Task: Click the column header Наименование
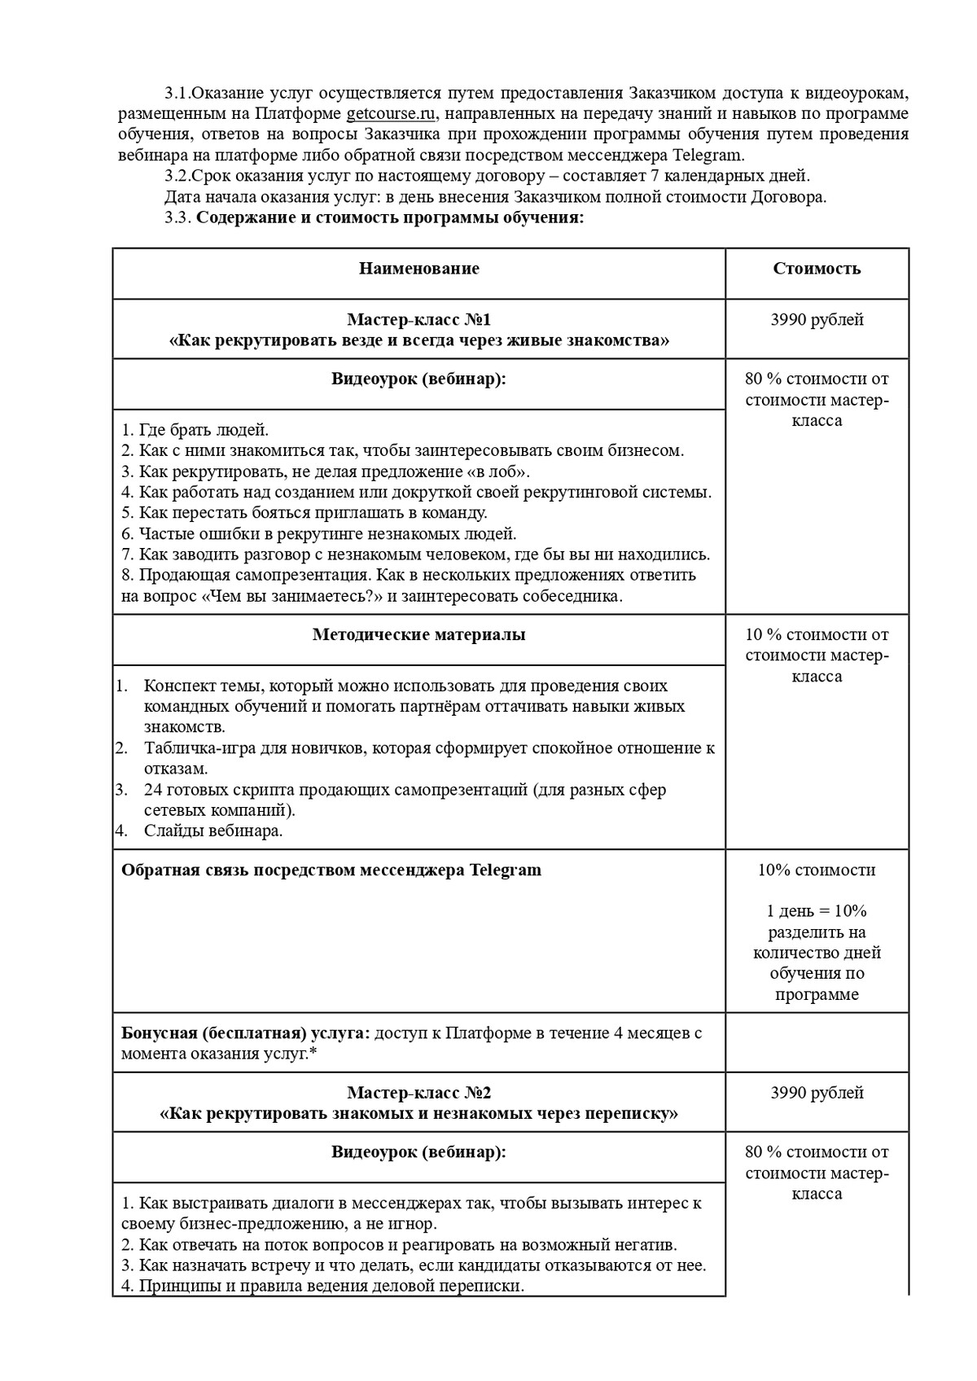coord(418,269)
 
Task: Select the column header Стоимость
coord(817,269)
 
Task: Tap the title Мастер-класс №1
coord(418,319)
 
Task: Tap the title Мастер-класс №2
coord(418,1093)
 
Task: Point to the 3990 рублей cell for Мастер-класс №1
coord(817,320)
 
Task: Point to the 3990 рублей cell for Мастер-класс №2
coord(817,1093)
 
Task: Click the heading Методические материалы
coord(418,635)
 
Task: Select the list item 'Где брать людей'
coord(195,430)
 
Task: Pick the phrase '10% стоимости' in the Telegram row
coord(817,870)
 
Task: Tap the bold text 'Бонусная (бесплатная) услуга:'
coord(245,1033)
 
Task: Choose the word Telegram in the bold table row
coord(505,870)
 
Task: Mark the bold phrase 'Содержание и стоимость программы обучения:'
coord(391,217)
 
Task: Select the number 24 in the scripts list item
coord(153,790)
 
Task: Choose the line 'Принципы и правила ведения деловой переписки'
coord(323,1287)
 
